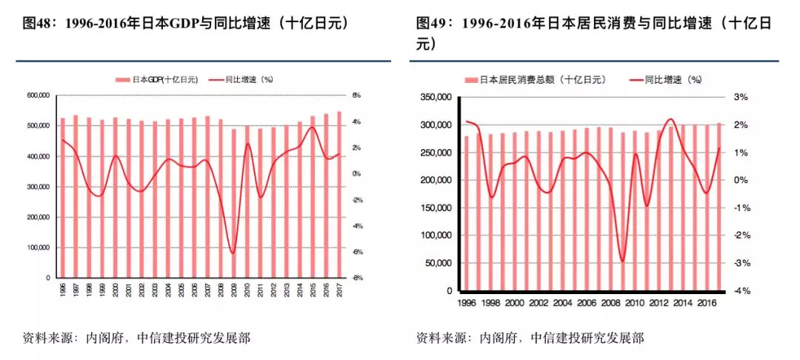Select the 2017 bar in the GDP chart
[339, 194]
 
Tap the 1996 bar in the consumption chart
[467, 213]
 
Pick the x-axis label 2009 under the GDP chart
[233, 289]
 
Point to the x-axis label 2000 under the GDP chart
[115, 289]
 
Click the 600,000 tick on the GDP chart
[37, 96]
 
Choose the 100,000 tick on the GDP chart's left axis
[37, 247]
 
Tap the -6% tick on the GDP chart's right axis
[356, 252]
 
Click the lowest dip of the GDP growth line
[233, 253]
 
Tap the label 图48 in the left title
[34, 23]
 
